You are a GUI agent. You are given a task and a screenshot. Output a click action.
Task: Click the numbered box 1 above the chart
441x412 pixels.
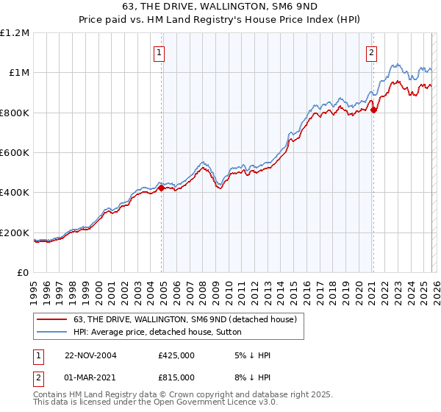159,52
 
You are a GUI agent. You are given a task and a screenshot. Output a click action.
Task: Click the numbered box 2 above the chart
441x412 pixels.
372,52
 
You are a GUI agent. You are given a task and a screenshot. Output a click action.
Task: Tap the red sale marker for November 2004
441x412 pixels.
162,188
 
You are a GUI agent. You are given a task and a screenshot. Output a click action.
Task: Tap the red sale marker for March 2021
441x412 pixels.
373,110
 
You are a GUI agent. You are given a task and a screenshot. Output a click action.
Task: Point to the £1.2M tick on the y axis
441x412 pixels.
15,33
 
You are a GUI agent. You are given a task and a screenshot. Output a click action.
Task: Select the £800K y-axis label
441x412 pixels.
15,113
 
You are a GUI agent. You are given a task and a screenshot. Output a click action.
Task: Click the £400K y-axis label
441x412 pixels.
15,193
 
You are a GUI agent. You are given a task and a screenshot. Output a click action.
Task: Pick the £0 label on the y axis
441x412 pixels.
22,272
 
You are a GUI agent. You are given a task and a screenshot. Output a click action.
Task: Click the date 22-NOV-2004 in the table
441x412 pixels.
90,355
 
